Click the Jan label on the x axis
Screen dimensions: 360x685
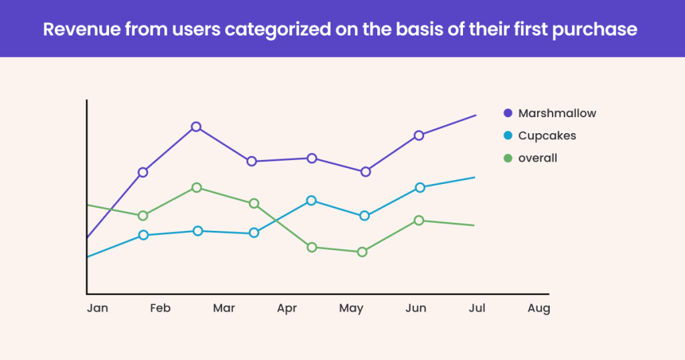97,308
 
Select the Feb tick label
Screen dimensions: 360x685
160,308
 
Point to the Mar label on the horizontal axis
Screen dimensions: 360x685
223,308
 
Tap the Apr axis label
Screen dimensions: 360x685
287,308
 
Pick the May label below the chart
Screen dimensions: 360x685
351,308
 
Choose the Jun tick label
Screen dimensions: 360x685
415,308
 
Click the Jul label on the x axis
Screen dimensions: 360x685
476,308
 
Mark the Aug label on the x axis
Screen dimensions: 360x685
539,308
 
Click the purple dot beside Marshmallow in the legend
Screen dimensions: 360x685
508,114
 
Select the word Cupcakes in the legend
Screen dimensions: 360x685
547,136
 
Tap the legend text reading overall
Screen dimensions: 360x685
537,159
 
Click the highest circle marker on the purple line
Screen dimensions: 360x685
196,126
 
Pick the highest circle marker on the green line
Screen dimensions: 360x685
197,187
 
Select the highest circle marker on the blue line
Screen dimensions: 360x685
419,187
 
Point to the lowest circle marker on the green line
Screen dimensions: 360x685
362,252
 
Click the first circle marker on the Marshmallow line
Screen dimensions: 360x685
142,172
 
